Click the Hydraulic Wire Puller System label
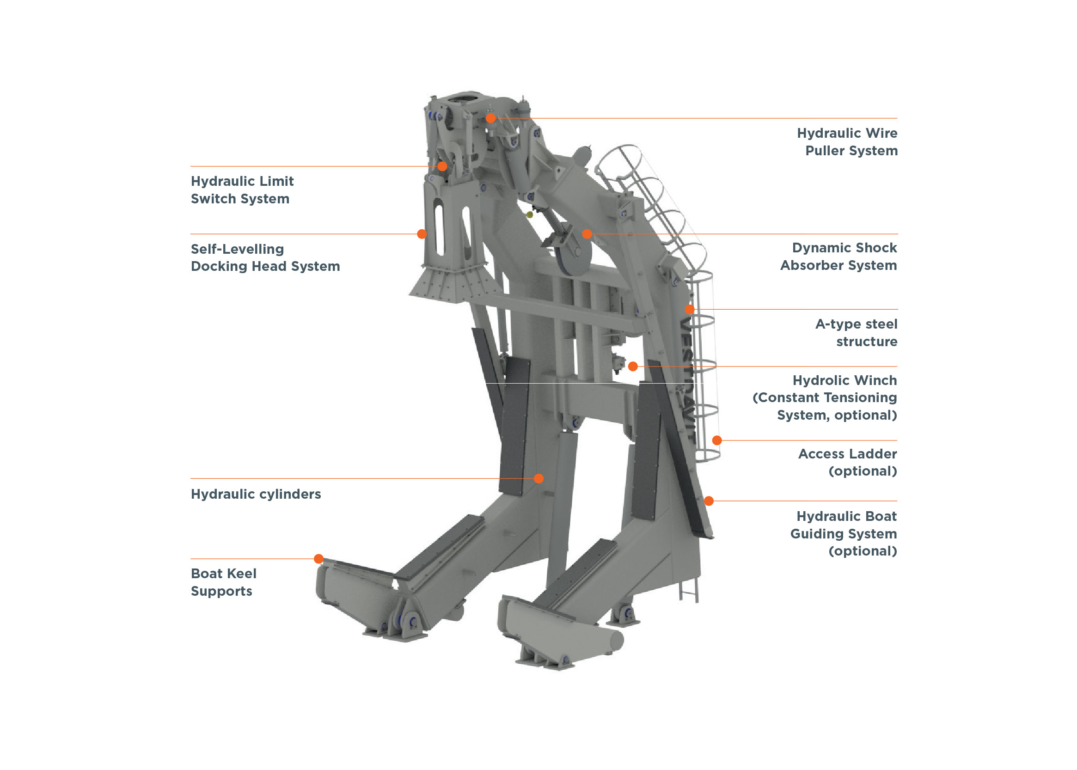coord(846,142)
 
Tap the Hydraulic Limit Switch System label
coord(242,189)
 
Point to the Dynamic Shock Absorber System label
coord(838,257)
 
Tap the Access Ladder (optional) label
coord(847,462)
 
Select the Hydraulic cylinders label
coord(256,494)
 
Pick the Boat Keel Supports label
coord(223,582)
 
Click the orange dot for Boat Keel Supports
coord(318,559)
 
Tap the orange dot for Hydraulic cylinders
coord(539,478)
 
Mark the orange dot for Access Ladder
coord(717,440)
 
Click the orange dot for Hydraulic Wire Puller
coord(491,118)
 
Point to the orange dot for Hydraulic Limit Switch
coord(442,166)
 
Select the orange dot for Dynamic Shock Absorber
coord(587,234)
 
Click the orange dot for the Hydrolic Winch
coord(633,367)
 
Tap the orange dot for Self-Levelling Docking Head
coord(422,234)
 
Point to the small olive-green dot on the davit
coord(530,215)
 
